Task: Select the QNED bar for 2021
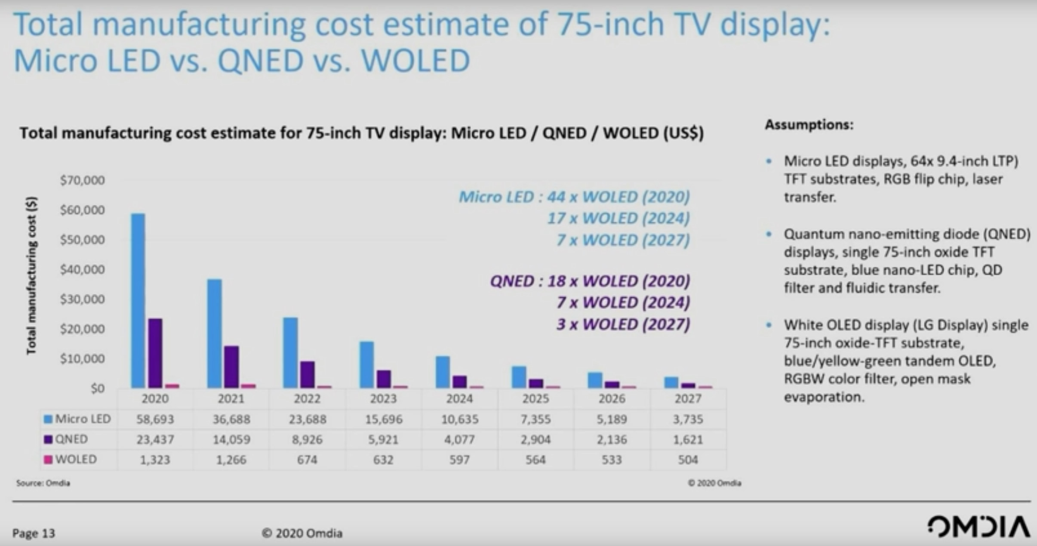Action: point(231,367)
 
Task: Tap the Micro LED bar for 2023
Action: point(366,364)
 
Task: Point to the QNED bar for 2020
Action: point(155,353)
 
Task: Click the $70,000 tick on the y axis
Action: point(82,180)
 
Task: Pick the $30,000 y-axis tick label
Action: point(82,299)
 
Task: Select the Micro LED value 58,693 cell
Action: point(155,419)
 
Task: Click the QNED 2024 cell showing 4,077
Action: point(459,439)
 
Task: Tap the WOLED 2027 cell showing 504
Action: point(687,460)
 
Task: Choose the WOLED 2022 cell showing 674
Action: point(307,460)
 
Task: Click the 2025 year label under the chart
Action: point(535,399)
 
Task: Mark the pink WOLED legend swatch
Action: point(48,460)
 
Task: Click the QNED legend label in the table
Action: point(71,439)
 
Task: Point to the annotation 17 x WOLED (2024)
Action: point(618,219)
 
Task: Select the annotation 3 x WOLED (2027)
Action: point(623,324)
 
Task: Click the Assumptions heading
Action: point(809,125)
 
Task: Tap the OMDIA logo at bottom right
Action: point(979,527)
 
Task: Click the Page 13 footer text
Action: point(34,534)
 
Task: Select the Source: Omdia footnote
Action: point(43,483)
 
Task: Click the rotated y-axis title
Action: point(31,275)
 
